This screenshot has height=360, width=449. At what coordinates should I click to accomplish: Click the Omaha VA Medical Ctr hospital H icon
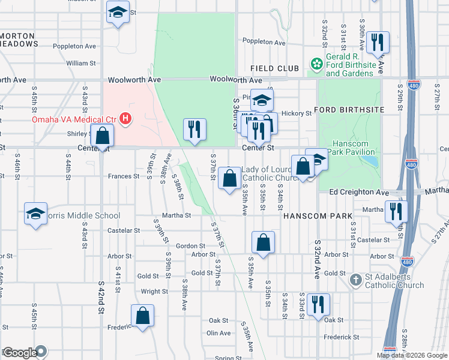[x=125, y=119]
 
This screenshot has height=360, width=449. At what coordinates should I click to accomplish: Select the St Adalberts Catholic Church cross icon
[x=356, y=279]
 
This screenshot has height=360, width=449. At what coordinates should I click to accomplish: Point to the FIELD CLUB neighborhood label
[x=275, y=69]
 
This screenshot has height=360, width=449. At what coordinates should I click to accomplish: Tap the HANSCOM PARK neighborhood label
[x=312, y=215]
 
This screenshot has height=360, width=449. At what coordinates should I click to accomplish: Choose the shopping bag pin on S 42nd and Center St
[x=103, y=136]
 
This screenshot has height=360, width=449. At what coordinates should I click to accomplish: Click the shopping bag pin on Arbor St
[x=263, y=243]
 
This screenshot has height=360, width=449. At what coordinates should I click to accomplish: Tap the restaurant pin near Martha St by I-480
[x=396, y=211]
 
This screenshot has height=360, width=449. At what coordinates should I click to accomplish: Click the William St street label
[x=81, y=63]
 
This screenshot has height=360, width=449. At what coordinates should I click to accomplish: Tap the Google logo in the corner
[x=20, y=353]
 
